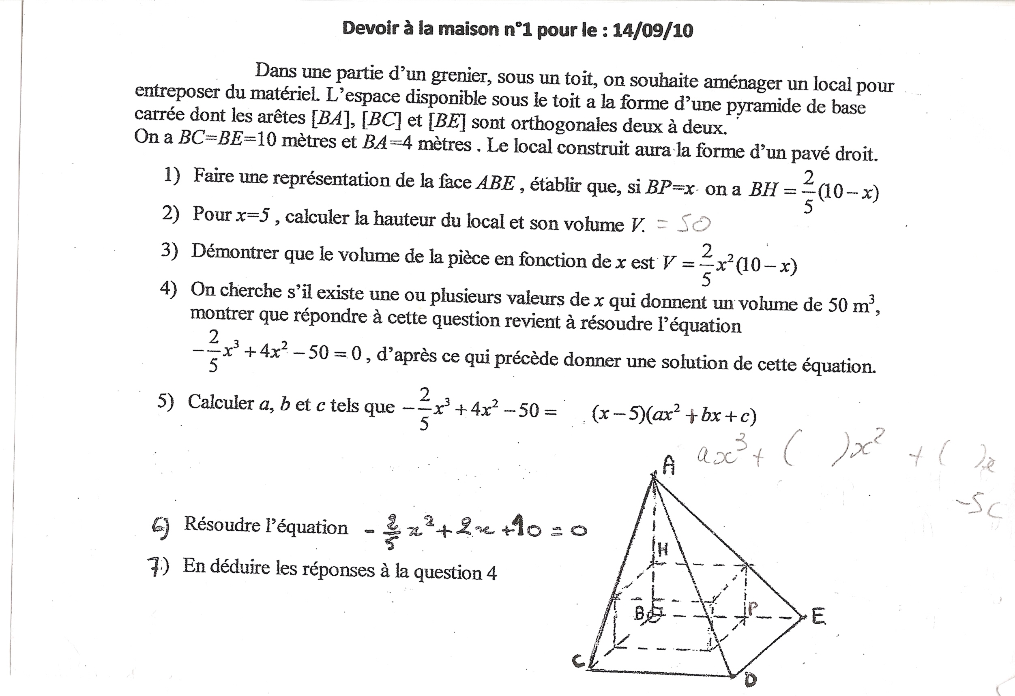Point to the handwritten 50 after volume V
click(x=693, y=224)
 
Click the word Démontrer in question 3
click(x=235, y=253)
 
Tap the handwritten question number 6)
click(x=160, y=527)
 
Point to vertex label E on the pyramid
click(x=818, y=617)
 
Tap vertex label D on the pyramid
click(x=750, y=679)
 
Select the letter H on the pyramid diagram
click(x=663, y=549)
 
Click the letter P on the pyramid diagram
click(x=753, y=608)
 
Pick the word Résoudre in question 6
click(x=222, y=525)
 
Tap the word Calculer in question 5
click(x=221, y=403)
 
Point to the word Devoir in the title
click(x=365, y=28)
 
